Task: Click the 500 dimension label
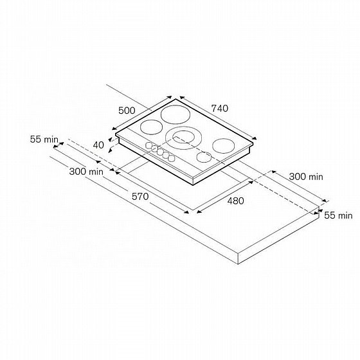click(x=127, y=111)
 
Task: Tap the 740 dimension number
click(x=220, y=109)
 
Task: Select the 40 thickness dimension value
click(x=98, y=145)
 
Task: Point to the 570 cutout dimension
click(x=140, y=197)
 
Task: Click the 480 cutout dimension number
click(x=235, y=201)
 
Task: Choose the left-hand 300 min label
click(x=86, y=172)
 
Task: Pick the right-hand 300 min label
click(x=306, y=177)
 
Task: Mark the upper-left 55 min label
click(x=44, y=139)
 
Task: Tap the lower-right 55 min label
click(x=338, y=215)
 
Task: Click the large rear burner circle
click(x=175, y=115)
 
